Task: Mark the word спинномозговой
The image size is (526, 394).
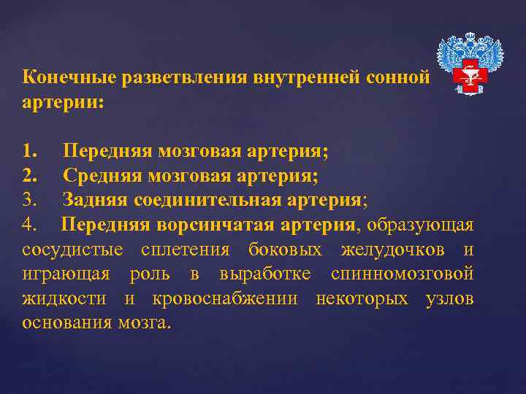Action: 402,274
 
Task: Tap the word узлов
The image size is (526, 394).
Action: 449,298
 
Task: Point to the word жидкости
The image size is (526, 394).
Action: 65,298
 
